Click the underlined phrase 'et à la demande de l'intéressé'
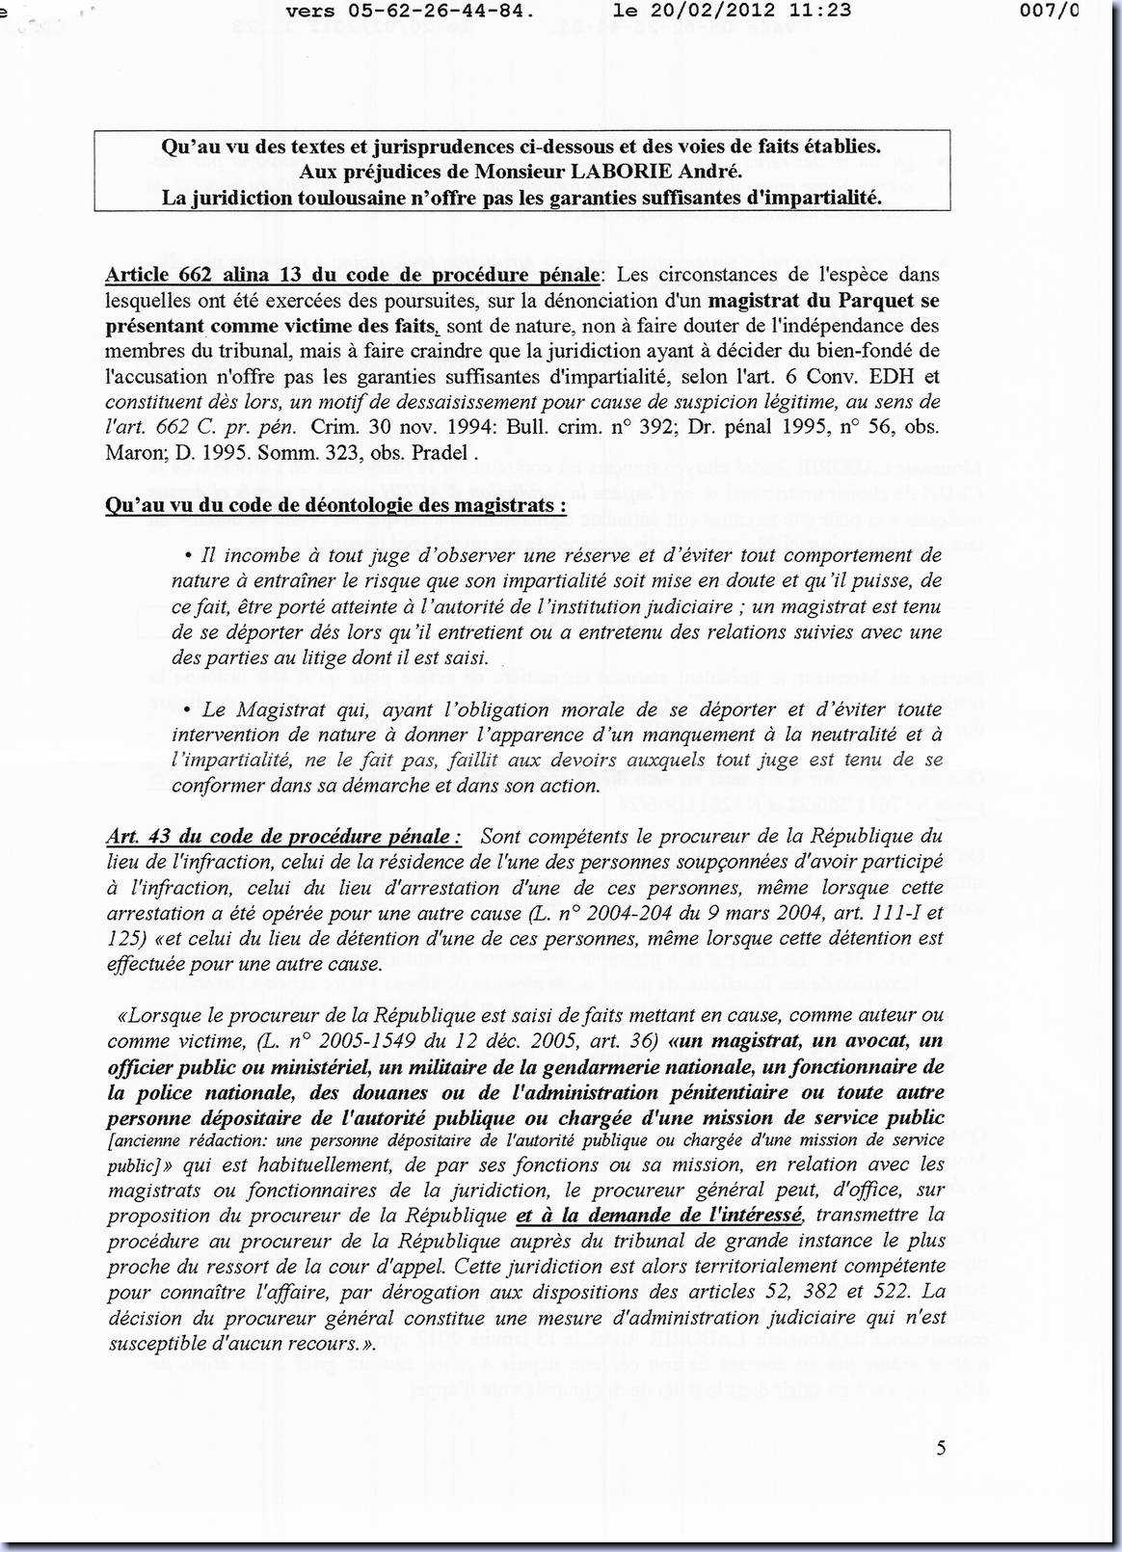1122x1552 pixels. (659, 1216)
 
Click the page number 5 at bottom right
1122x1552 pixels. (940, 1448)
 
